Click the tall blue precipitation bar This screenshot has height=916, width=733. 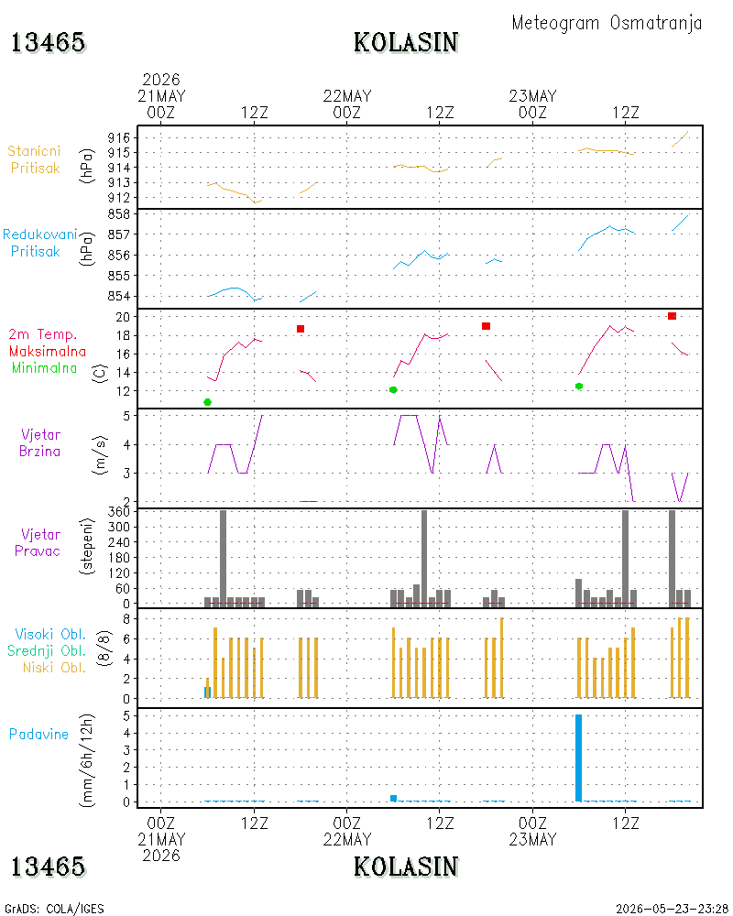(x=579, y=758)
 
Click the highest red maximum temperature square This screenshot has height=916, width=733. (x=672, y=316)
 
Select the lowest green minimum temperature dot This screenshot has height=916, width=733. (x=207, y=402)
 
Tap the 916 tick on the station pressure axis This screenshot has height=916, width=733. (x=119, y=138)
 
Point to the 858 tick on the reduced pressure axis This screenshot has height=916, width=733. (x=119, y=213)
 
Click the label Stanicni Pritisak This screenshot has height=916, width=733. (x=35, y=159)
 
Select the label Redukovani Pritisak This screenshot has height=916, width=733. (x=39, y=243)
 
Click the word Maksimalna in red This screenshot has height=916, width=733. (x=48, y=351)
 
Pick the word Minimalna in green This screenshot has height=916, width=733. (x=44, y=368)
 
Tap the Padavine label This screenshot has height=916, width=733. (x=38, y=735)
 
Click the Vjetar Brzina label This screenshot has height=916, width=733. (x=39, y=442)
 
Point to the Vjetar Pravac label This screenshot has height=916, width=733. (x=38, y=542)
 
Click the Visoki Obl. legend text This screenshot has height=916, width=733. (x=50, y=634)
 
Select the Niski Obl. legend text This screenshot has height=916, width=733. (x=54, y=667)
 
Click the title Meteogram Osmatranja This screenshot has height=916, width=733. (x=607, y=24)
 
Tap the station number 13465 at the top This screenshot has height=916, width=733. (x=48, y=43)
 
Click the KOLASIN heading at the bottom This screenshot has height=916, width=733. (x=406, y=867)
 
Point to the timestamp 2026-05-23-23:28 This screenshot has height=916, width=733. (x=672, y=909)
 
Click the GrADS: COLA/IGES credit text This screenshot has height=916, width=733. (x=54, y=909)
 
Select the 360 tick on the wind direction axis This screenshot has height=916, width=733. (x=119, y=512)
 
